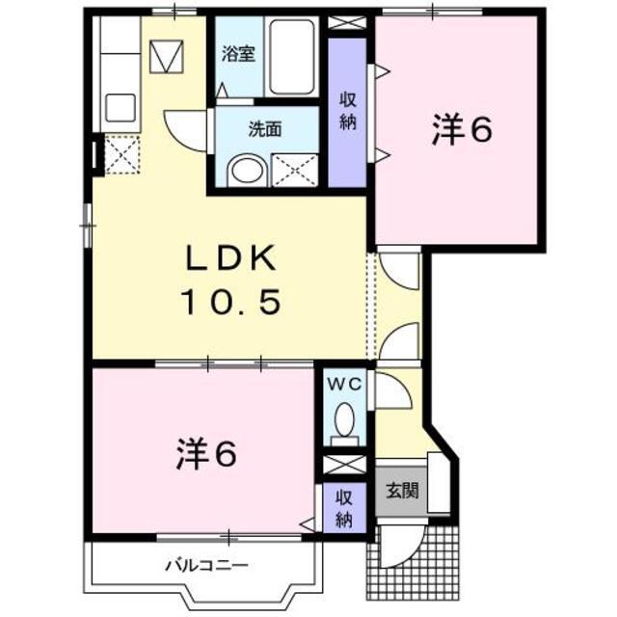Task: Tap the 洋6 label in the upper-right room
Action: pos(461,132)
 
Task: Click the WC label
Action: pos(344,385)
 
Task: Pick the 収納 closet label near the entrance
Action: pos(343,508)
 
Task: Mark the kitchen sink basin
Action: pos(120,106)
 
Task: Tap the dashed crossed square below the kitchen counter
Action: pos(122,154)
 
